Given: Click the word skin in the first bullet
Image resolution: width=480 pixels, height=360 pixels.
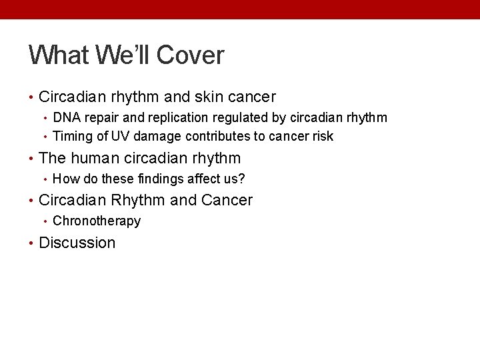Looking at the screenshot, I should (x=208, y=97).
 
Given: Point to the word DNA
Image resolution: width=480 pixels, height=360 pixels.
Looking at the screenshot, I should (x=65, y=118).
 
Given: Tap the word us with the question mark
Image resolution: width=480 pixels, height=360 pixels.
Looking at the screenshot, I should (x=237, y=179).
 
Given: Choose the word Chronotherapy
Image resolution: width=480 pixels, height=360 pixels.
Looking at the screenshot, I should (x=97, y=221).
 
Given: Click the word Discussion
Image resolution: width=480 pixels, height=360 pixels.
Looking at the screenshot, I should (x=77, y=243).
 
